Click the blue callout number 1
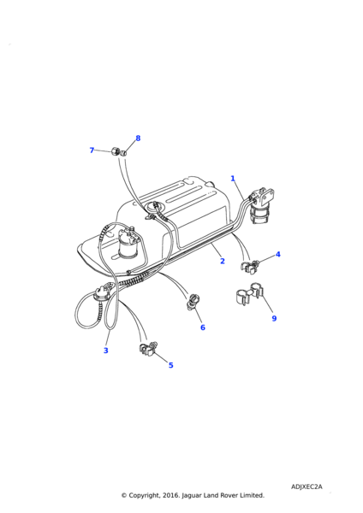tap(233, 179)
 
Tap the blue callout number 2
tap(223, 261)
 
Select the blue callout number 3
tap(106, 351)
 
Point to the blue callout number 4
tap(278, 254)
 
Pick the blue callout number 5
tap(170, 365)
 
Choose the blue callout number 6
tap(202, 327)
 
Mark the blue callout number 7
tap(92, 150)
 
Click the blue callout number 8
tap(138, 139)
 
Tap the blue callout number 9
tap(274, 318)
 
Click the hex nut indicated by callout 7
tap(115, 151)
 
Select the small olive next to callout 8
tap(122, 153)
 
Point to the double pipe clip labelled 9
tap(249, 292)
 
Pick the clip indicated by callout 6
tap(193, 303)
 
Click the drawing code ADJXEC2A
tap(306, 486)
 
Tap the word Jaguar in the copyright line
tap(192, 496)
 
